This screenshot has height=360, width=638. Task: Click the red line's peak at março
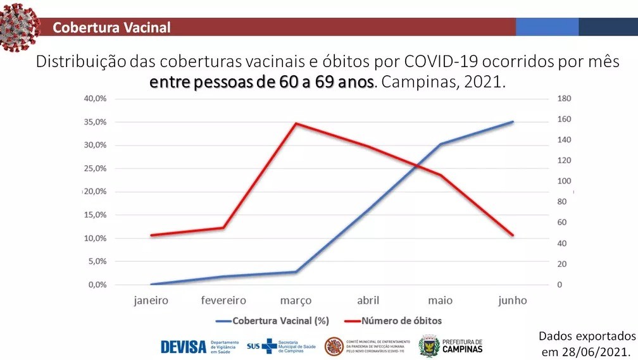tap(296, 123)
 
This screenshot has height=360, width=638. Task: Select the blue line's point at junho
tap(512, 121)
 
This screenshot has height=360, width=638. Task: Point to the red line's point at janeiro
tap(151, 235)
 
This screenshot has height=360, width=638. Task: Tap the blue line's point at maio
tap(440, 144)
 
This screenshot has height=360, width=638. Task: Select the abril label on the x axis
tap(368, 301)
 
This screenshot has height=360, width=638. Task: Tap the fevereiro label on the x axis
tap(223, 301)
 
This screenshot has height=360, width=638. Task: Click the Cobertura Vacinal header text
tap(111, 27)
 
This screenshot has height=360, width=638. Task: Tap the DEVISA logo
tap(183, 347)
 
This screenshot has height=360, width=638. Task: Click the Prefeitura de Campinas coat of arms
tap(428, 346)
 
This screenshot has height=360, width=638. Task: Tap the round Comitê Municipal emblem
tap(334, 346)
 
